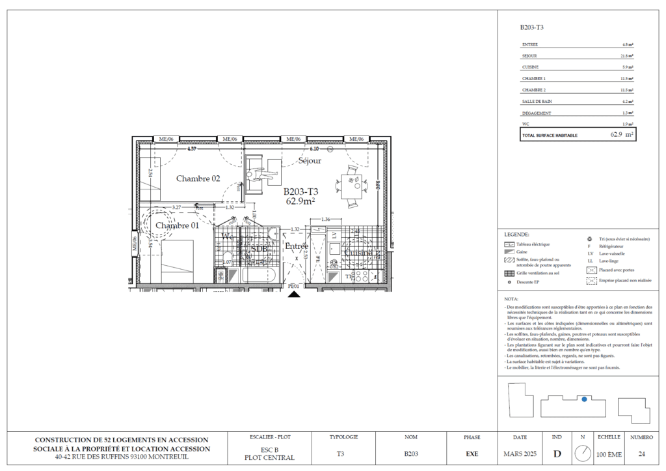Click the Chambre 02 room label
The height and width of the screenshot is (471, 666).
point(198,178)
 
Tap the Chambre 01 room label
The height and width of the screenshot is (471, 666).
point(177,225)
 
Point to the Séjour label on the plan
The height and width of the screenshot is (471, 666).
point(310,160)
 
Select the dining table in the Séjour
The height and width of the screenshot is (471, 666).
point(352,186)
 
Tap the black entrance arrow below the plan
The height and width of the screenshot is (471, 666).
point(294,294)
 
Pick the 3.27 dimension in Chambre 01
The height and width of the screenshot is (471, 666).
point(176,207)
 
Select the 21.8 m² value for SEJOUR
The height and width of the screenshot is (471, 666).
point(626,56)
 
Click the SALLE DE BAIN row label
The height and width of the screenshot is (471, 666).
point(537,102)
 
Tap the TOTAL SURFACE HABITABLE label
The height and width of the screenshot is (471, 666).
point(550,136)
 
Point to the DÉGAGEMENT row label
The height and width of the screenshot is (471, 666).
point(537,113)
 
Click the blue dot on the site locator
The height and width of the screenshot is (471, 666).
point(584,399)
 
